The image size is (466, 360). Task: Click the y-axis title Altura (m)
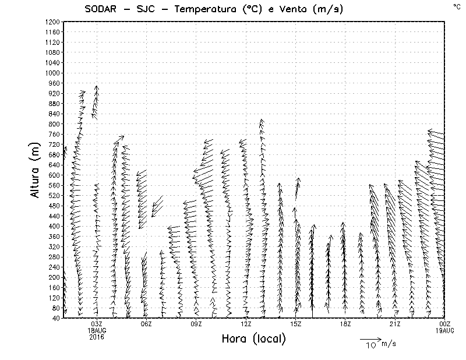[x=35, y=170]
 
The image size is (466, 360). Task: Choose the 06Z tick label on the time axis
[x=146, y=324]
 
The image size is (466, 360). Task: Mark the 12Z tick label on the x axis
[x=246, y=324]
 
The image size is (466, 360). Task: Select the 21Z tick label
[x=395, y=324]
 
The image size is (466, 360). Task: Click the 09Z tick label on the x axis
[x=196, y=324]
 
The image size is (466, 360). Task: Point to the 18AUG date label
[x=97, y=330]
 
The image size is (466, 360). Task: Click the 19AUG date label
[x=445, y=330]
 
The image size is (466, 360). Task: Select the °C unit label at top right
[x=456, y=6]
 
